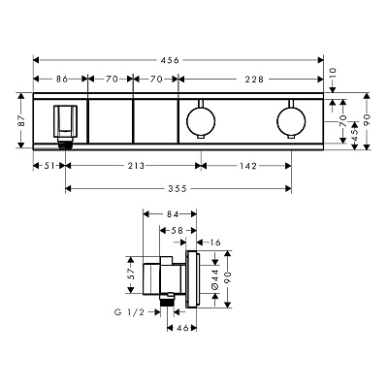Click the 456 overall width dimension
[x=170, y=60]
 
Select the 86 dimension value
[x=62, y=79]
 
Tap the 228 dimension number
[x=254, y=79]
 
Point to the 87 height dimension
[x=21, y=120]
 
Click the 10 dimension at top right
[x=334, y=74]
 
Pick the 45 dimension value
[x=355, y=132]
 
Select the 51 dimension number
[x=49, y=166]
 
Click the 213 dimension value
[x=136, y=166]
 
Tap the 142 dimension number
[x=248, y=166]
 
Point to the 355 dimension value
[x=178, y=188]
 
